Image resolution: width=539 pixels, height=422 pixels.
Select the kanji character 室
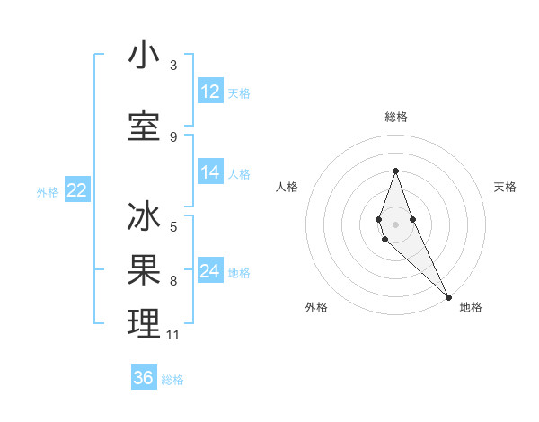click(144, 127)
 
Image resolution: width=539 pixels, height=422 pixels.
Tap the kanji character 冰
click(144, 218)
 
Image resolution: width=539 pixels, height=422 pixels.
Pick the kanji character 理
click(144, 324)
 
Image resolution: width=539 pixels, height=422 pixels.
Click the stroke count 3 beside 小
click(173, 65)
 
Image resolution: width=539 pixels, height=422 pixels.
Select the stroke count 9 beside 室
click(173, 136)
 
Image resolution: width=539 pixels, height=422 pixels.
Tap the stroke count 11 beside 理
click(173, 335)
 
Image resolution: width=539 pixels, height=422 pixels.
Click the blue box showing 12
click(210, 92)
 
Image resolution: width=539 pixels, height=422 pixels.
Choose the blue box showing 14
click(210, 172)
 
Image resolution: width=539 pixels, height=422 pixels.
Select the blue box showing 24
click(210, 271)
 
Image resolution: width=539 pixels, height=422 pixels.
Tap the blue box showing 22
click(76, 190)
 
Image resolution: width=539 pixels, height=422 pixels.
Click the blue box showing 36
click(144, 378)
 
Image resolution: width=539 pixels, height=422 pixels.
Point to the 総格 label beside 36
click(172, 380)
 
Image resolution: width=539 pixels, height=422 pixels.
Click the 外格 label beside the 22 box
click(48, 191)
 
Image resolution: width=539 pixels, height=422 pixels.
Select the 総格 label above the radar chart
click(396, 117)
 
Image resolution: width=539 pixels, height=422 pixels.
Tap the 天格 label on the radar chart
click(506, 187)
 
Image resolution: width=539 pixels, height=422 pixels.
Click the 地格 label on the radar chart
click(471, 308)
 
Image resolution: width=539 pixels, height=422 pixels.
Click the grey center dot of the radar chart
click(395, 224)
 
